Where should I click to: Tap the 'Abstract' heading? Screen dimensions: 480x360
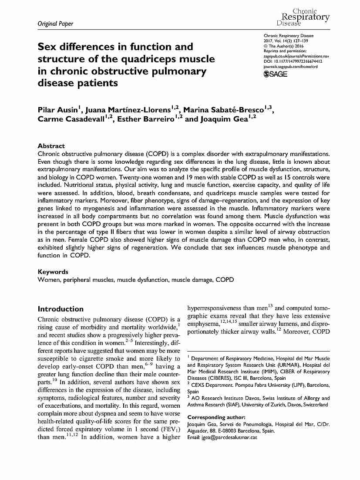click(x=51, y=145)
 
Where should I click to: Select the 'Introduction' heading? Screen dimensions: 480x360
click(x=61, y=309)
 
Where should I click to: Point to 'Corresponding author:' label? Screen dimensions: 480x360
click(x=216, y=417)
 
